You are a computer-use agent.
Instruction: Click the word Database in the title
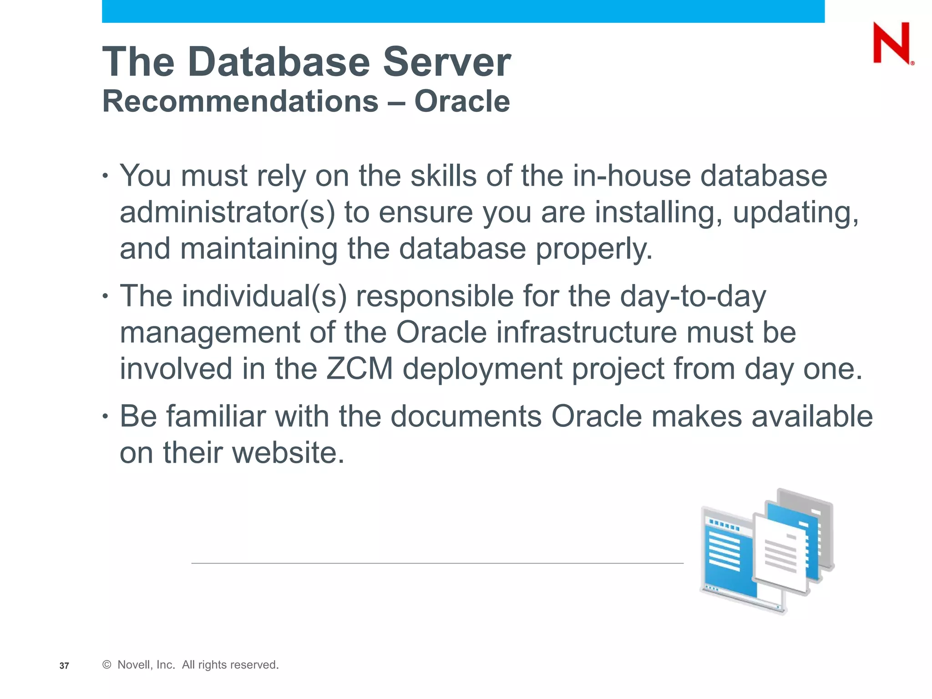(279, 62)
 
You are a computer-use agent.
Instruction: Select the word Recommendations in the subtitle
(240, 101)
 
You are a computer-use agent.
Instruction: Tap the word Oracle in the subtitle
(462, 101)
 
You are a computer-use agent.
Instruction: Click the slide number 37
(64, 666)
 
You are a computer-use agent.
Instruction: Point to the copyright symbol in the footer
(107, 665)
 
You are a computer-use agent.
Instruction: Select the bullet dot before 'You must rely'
(105, 175)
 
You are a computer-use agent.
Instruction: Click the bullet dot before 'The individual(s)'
(105, 296)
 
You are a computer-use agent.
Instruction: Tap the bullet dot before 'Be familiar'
(105, 416)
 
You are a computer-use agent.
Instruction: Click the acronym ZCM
(360, 369)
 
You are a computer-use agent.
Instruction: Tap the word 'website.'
(288, 453)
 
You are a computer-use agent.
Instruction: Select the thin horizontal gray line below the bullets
(437, 563)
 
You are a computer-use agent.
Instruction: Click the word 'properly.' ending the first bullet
(594, 249)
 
